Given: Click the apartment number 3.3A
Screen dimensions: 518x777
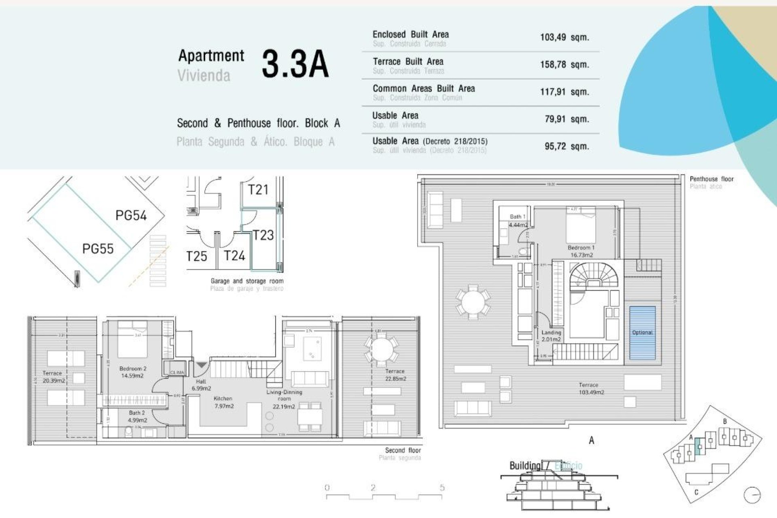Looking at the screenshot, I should [x=295, y=64].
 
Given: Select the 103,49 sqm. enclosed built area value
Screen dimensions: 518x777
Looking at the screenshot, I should [x=564, y=37].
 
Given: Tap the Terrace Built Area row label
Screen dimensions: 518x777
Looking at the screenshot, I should [x=408, y=62].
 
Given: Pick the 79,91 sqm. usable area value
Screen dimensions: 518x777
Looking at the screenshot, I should [x=567, y=119].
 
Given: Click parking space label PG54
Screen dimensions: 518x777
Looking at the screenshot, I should [x=131, y=215].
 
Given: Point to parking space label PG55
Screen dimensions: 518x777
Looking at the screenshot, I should [x=98, y=248].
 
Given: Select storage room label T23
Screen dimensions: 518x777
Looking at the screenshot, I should [x=263, y=235].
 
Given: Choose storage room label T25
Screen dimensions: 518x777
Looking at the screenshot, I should [x=197, y=256].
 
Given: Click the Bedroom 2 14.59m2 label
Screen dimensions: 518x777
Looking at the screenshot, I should [x=133, y=372].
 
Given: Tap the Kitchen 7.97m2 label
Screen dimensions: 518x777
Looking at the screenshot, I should [x=223, y=402].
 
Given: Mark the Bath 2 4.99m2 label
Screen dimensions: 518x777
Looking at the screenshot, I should [x=137, y=416].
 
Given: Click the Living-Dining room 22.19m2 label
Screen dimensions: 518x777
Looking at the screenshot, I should [x=284, y=399].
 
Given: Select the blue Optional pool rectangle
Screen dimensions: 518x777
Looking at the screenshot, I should [x=642, y=333].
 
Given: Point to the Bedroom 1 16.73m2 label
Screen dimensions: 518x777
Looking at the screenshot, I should [x=581, y=251].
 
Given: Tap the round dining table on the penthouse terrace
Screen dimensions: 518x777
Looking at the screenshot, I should [x=472, y=302].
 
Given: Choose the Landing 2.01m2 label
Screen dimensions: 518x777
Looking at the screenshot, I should [x=551, y=335].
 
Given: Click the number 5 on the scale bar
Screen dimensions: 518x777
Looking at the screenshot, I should [x=442, y=488].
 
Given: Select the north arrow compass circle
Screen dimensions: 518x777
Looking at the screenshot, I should [x=752, y=495].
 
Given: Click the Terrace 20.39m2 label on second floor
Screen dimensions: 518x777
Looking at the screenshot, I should [x=53, y=377].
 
